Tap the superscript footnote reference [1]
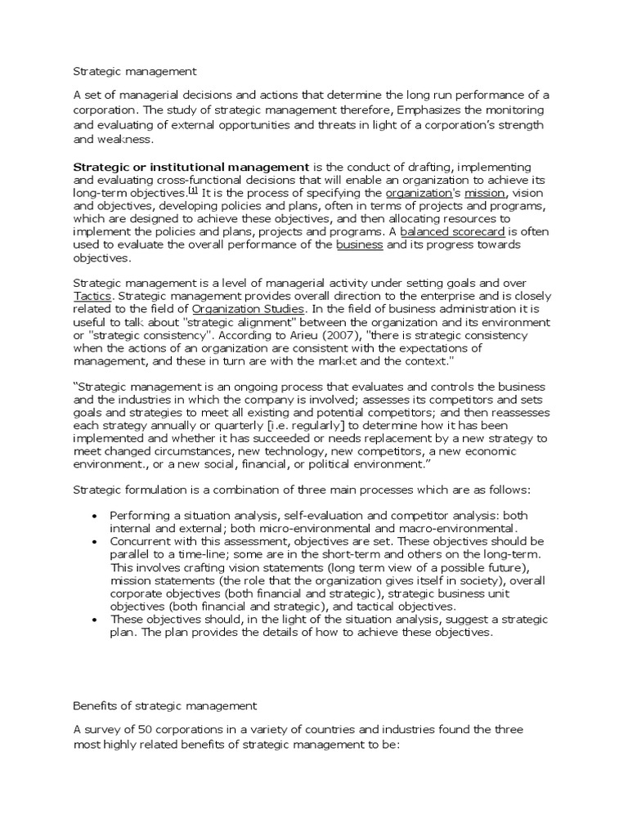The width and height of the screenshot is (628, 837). click(x=193, y=190)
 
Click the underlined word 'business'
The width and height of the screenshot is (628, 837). click(x=359, y=245)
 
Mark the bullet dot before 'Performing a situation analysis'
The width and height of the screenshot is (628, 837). click(x=96, y=517)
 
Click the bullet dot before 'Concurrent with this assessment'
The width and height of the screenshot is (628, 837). click(x=96, y=542)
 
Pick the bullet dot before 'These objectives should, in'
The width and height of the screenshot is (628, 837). click(x=96, y=620)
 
